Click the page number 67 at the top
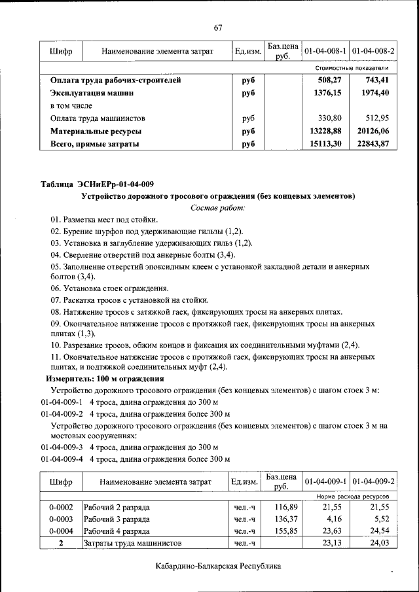(x=218, y=27)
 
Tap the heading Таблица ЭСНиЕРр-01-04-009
(x=98, y=184)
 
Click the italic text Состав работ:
(x=217, y=207)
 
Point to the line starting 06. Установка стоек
(x=109, y=288)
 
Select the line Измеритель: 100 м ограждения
(x=104, y=379)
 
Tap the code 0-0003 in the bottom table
(x=61, y=519)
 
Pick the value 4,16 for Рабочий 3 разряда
(x=334, y=519)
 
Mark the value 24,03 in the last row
(x=380, y=543)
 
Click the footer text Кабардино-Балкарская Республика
(x=218, y=566)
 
